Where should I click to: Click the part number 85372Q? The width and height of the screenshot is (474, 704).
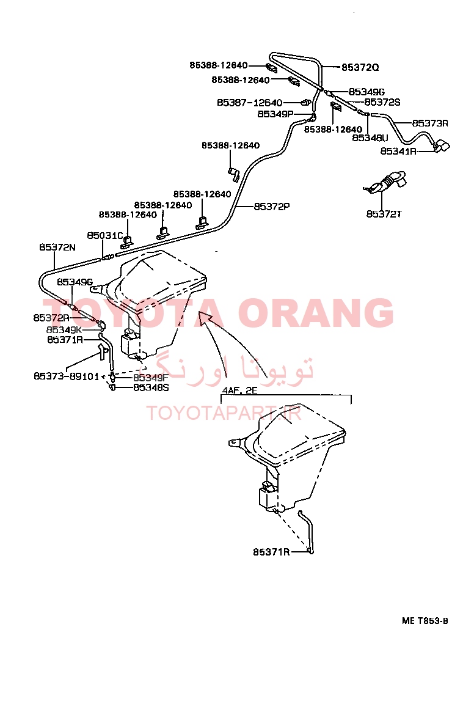[x=360, y=67]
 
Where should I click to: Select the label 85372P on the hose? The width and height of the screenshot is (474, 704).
[x=272, y=207]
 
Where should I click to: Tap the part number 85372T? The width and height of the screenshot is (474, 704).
[x=384, y=214]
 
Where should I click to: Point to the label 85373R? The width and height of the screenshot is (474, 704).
[x=430, y=123]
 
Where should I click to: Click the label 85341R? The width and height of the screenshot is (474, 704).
[x=398, y=151]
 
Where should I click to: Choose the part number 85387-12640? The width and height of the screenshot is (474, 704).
[x=250, y=103]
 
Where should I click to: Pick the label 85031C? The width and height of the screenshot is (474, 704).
[x=104, y=236]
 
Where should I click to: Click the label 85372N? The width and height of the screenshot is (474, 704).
[x=57, y=247]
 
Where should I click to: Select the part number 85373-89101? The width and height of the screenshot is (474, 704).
[x=67, y=376]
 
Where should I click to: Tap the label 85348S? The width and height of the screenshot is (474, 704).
[x=151, y=387]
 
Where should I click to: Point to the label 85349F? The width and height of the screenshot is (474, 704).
[x=151, y=378]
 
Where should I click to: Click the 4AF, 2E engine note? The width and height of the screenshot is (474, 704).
[x=239, y=391]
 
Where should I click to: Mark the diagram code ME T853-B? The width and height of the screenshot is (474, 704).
[x=425, y=621]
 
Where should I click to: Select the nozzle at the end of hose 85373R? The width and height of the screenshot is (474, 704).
[x=441, y=146]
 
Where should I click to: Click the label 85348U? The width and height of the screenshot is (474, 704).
[x=370, y=138]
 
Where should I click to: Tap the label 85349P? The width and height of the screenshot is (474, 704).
[x=275, y=114]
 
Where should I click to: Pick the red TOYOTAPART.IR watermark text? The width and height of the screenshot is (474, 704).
[x=225, y=413]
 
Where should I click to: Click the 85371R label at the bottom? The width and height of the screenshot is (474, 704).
[x=271, y=552]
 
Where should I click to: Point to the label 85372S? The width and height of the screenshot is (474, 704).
[x=382, y=103]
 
